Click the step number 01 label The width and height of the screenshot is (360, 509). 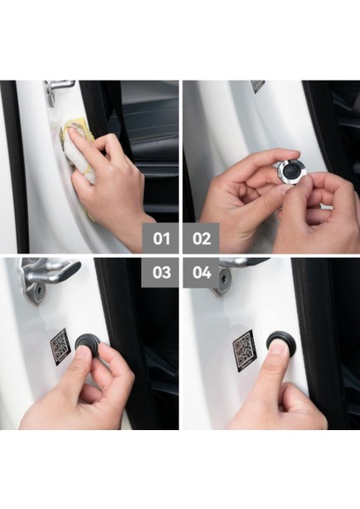pos(160,238)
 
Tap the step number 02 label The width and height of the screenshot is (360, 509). pos(201,238)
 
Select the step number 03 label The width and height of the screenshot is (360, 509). pos(160,273)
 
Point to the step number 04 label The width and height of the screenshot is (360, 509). pos(201,273)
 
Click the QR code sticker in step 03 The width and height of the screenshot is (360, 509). pos(59,346)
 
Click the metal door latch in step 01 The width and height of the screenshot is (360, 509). pos(59,88)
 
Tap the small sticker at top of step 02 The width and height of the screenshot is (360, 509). pos(257,86)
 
